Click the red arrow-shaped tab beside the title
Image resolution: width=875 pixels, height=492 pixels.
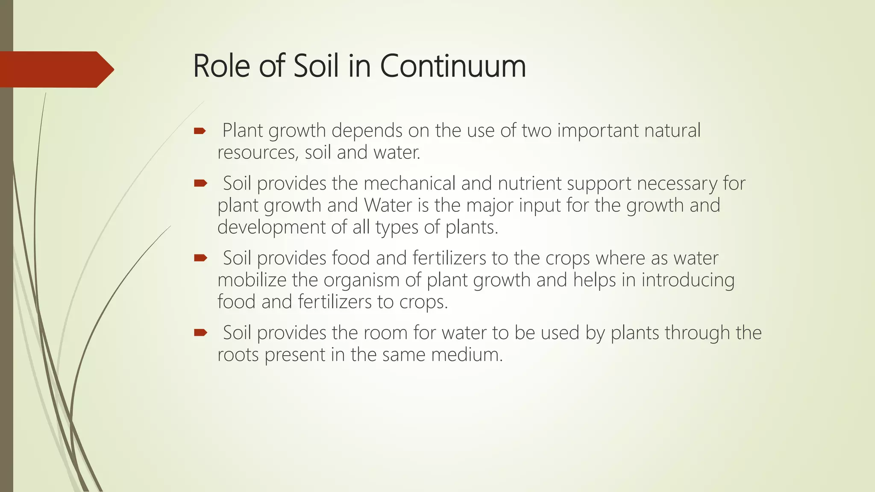point(56,69)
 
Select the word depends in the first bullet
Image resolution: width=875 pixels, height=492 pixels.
point(367,131)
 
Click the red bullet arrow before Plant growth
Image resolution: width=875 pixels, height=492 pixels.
point(200,131)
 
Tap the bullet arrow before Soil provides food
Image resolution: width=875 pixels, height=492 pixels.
point(200,258)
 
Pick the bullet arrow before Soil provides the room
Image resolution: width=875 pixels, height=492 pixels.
point(200,333)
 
